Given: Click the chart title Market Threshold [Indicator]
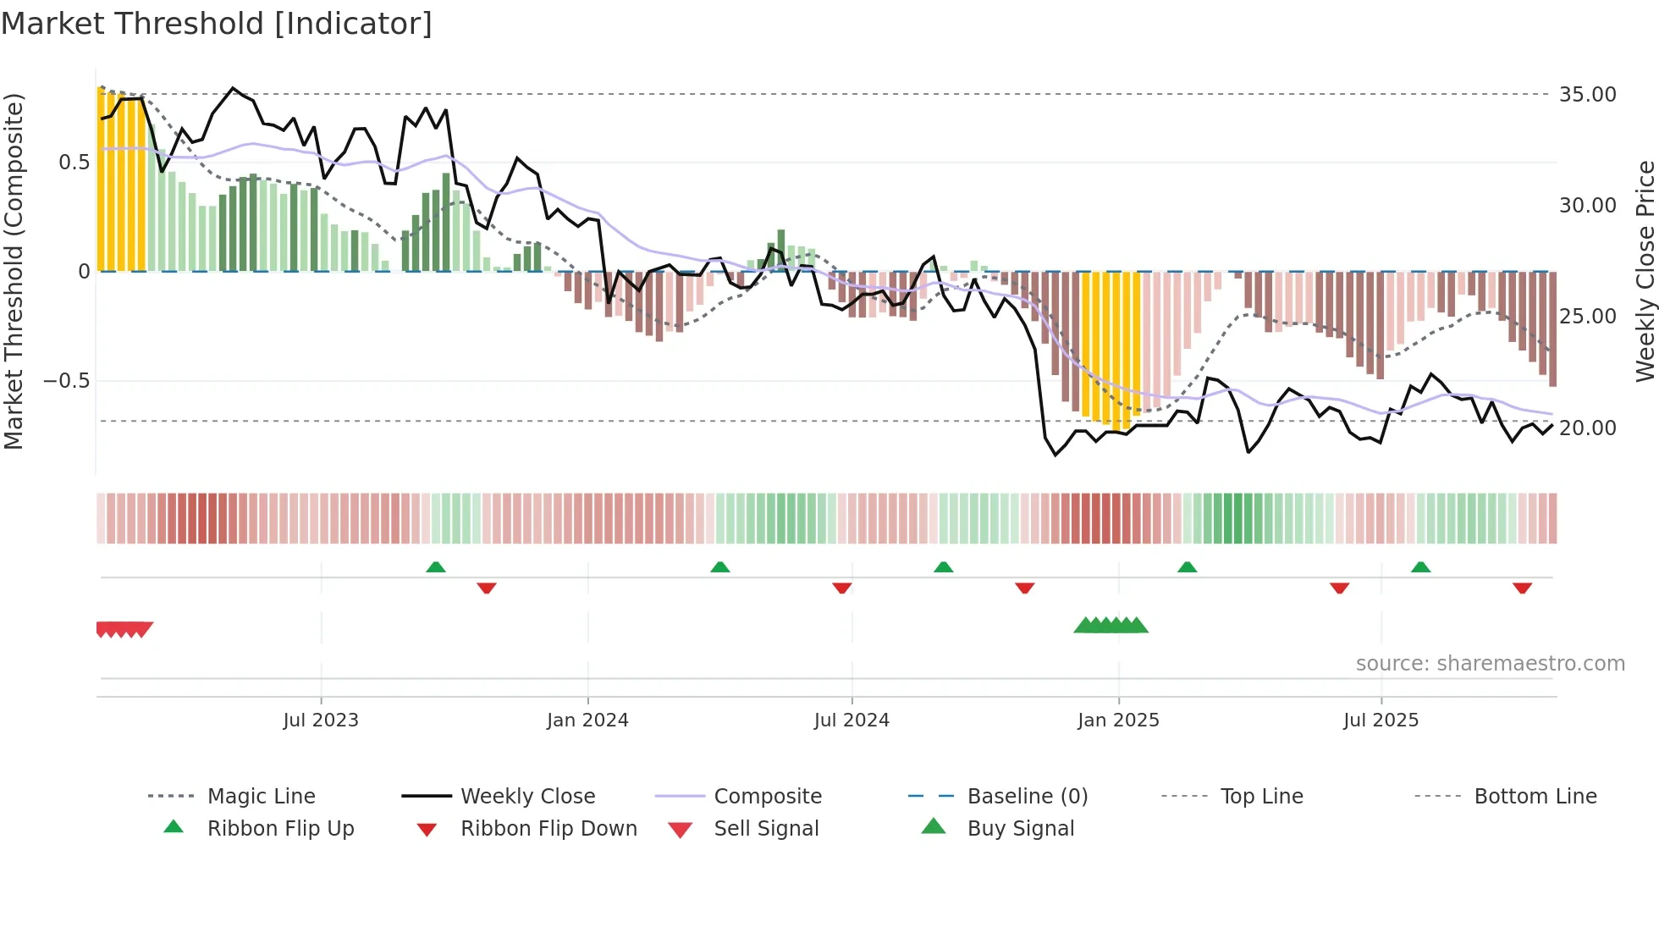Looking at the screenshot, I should pos(217,24).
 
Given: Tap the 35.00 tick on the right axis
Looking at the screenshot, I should pos(1587,95).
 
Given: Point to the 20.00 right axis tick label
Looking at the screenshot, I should pos(1587,428).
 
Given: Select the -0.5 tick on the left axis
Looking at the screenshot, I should pos(67,381).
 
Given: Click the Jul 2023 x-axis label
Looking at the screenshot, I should pos(321,720).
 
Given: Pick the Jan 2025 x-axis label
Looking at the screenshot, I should pos(1118,720).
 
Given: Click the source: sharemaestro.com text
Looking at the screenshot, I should pos(1490,664).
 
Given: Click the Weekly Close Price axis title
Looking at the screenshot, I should pos(1645,271).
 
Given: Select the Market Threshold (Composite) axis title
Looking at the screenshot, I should pos(14,271).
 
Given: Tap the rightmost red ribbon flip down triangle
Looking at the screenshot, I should pos(1522,588).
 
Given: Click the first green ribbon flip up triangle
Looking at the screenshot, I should pos(435,567).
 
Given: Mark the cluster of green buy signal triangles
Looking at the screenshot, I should pos(1111,626).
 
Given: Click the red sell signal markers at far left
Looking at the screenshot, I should pos(124,629).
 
